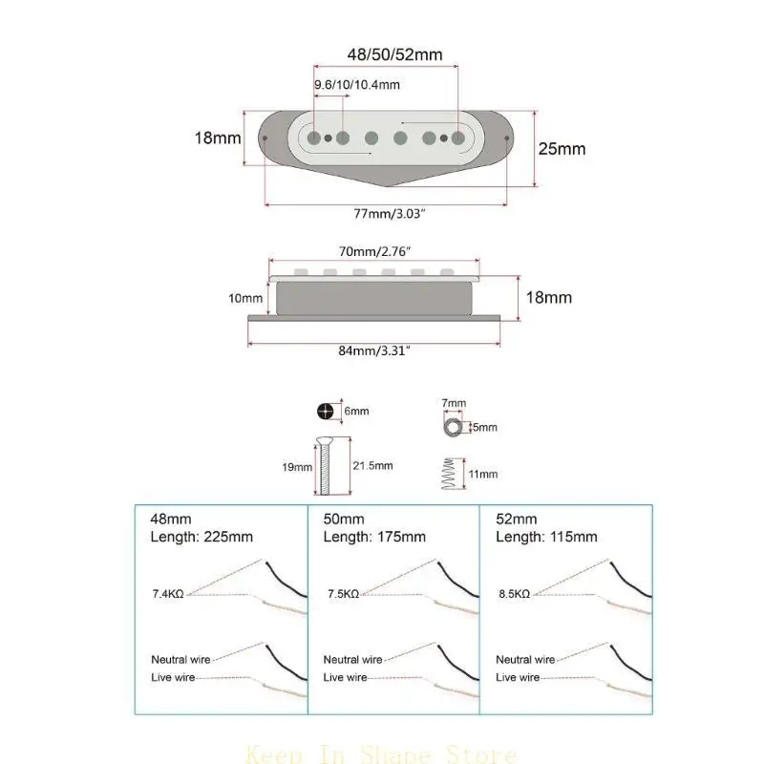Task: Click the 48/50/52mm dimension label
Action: (393, 55)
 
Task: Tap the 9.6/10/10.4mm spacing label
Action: (357, 85)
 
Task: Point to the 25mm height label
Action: (562, 149)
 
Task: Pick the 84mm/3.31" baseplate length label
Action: (374, 351)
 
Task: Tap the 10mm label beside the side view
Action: (245, 298)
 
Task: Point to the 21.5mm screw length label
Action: (372, 465)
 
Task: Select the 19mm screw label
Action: (298, 467)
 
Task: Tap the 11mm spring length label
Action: (482, 474)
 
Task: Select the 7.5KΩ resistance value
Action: (342, 593)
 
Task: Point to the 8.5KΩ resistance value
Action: (514, 593)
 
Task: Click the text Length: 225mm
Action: (202, 537)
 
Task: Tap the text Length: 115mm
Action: (546, 537)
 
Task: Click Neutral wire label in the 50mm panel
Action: (353, 660)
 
